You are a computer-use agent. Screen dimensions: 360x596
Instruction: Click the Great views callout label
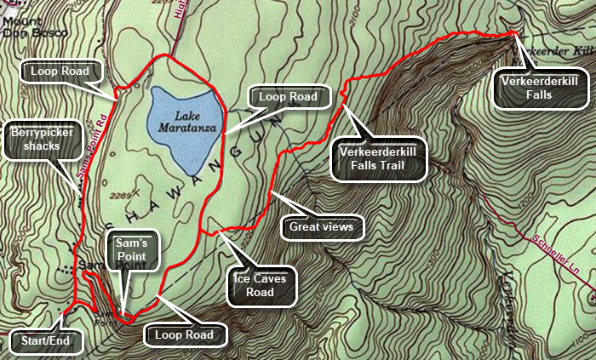[322, 227]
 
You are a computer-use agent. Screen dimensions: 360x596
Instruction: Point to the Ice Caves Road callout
[261, 285]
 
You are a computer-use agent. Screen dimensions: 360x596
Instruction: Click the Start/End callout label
[46, 342]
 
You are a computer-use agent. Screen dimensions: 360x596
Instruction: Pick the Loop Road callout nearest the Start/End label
[189, 335]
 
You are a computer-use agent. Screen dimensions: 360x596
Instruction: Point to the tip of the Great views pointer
[271, 194]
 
